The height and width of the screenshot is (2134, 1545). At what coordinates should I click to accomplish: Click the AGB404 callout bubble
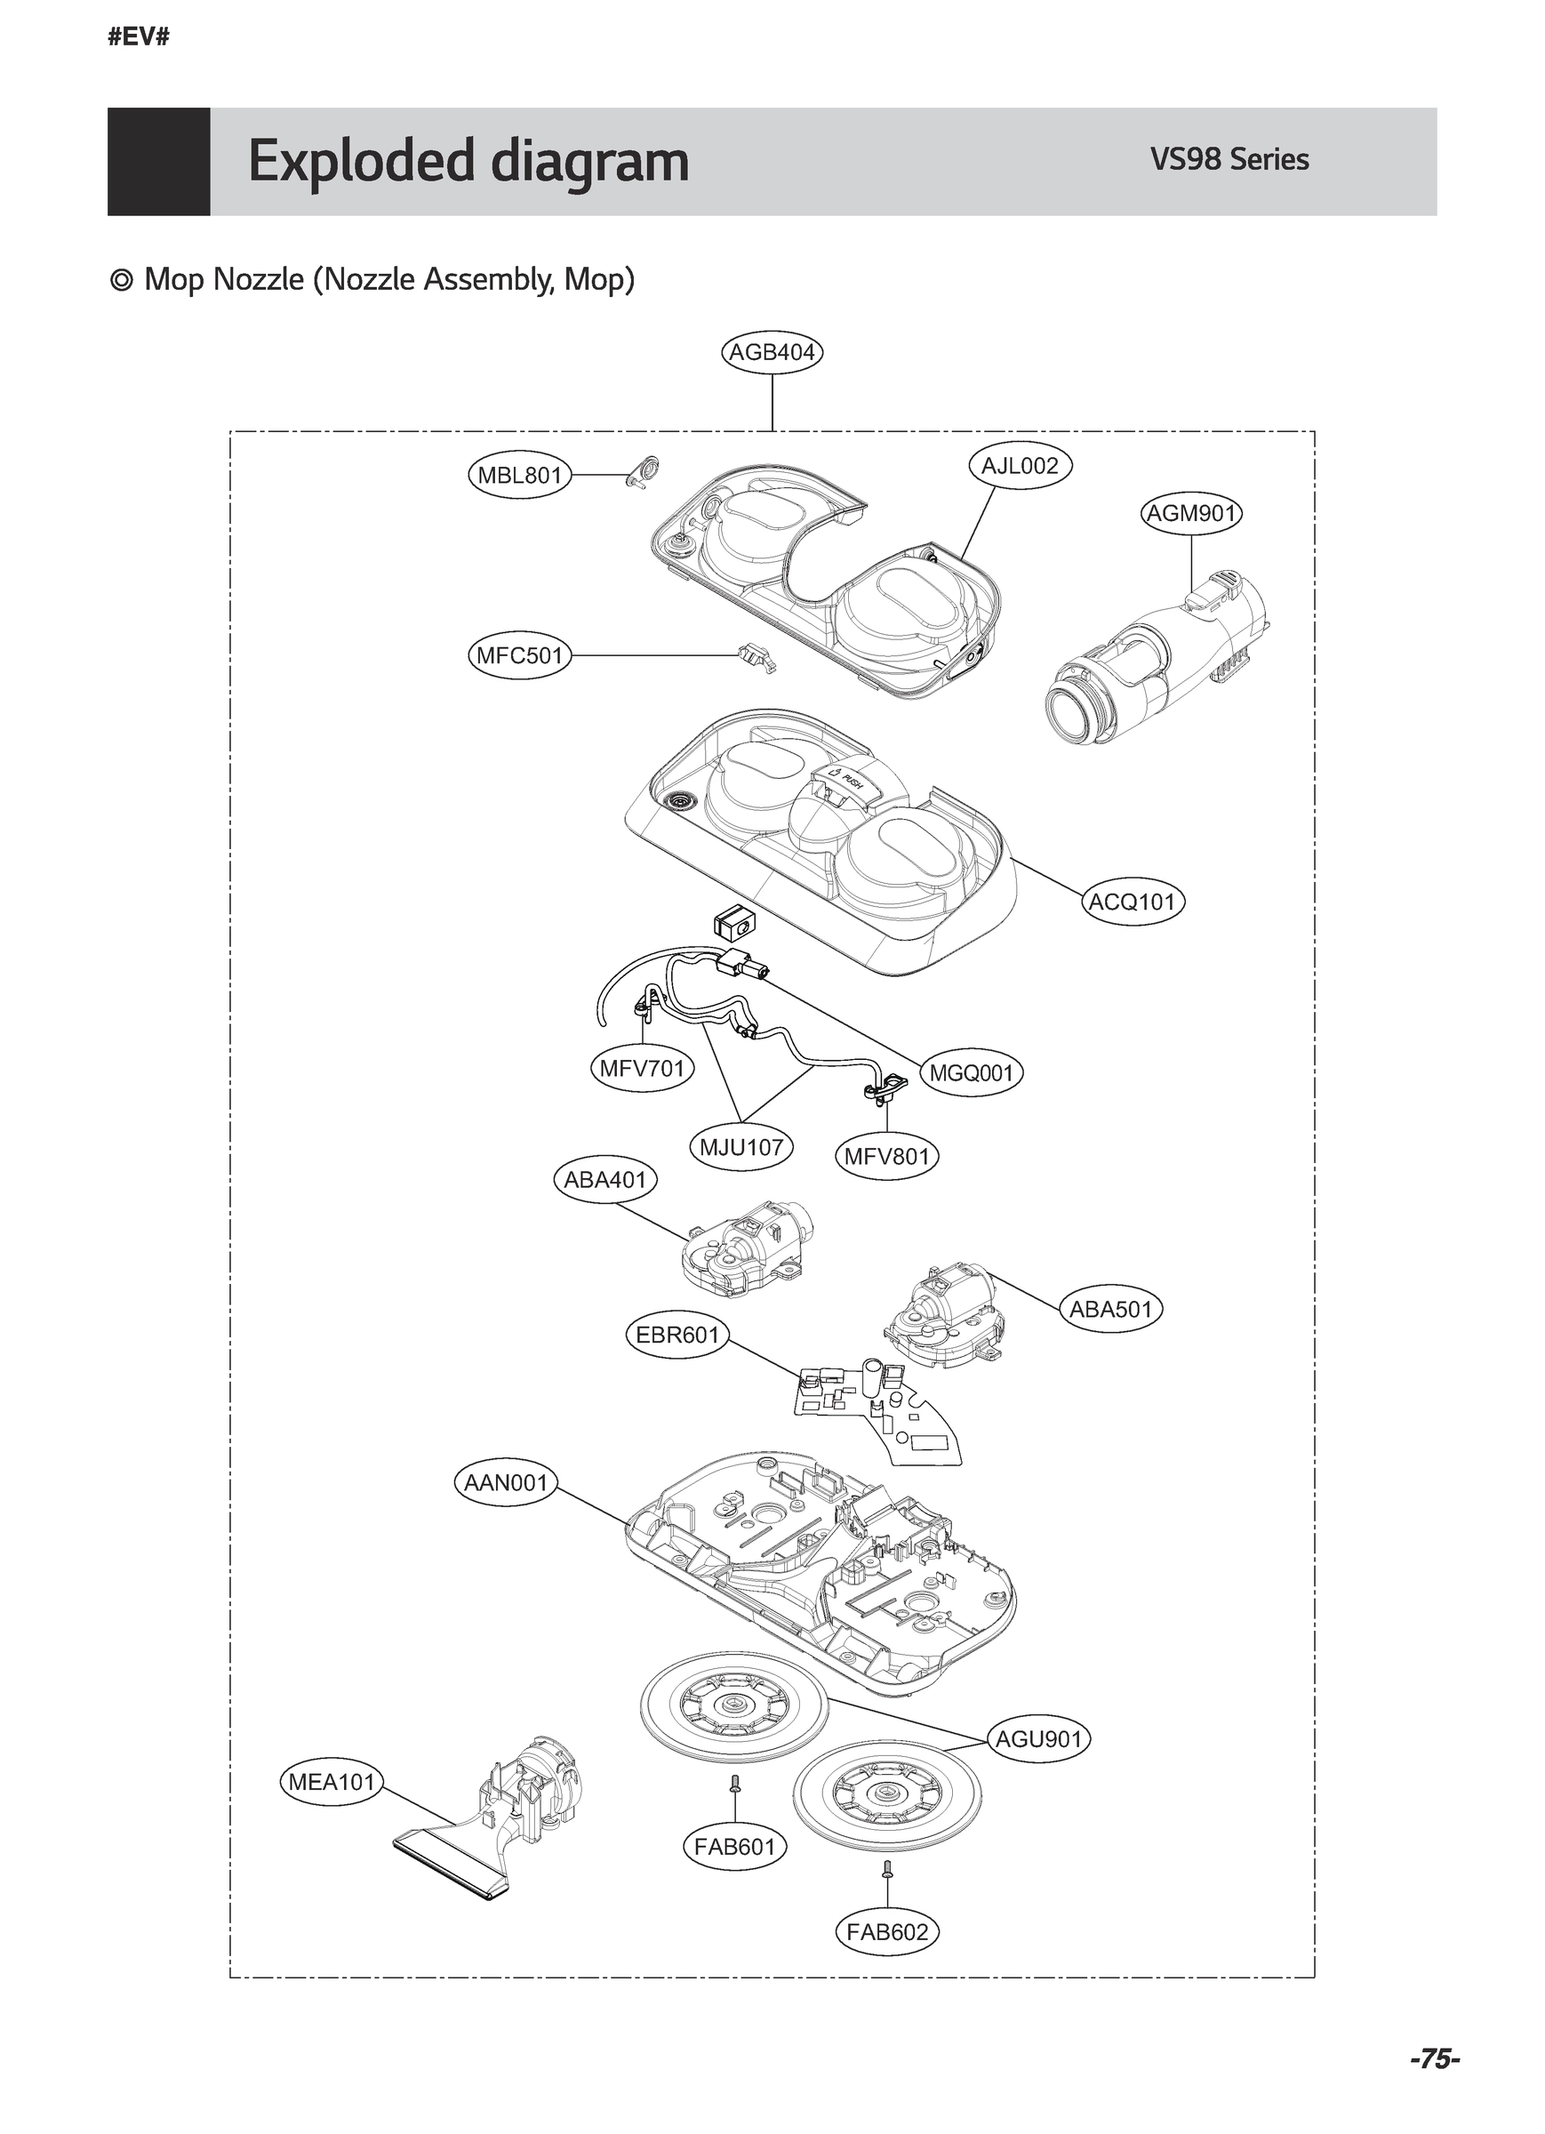tap(772, 353)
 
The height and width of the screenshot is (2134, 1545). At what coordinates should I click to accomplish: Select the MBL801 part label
tap(519, 475)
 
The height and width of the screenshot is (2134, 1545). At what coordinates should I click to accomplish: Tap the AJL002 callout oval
tap(1020, 466)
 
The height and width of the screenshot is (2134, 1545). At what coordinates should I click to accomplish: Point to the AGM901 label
tap(1191, 514)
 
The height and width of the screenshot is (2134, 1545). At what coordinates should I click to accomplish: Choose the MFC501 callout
tap(519, 655)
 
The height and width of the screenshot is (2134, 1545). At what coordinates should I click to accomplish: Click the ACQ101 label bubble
tap(1132, 902)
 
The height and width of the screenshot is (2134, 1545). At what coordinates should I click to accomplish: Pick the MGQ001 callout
tap(971, 1072)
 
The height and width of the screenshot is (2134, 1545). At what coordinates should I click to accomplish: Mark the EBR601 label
tap(677, 1336)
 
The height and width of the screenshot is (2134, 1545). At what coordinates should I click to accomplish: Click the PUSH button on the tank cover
tap(844, 780)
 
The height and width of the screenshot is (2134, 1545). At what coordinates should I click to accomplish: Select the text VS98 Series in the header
tap(1229, 160)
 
